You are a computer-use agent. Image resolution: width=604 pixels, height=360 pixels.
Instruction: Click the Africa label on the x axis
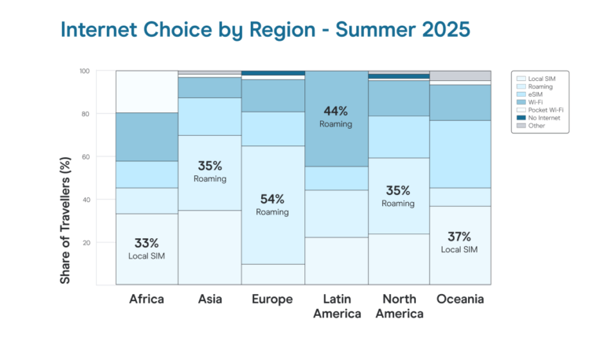point(147,299)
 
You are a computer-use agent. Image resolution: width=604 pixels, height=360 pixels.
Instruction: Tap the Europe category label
point(272,299)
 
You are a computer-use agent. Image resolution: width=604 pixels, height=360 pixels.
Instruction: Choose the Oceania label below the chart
point(460,299)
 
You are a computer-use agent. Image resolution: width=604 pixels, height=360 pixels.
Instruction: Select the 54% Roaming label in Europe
point(272,204)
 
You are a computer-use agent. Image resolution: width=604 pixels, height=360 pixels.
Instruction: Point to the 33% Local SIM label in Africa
point(147,248)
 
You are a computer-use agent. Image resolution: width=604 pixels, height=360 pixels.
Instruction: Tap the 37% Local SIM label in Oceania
point(460,241)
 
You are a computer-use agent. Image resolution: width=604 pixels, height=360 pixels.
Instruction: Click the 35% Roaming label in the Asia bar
point(210,171)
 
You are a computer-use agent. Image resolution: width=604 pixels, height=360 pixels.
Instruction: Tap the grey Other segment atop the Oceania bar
point(460,75)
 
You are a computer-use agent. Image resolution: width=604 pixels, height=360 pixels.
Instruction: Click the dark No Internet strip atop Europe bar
point(272,73)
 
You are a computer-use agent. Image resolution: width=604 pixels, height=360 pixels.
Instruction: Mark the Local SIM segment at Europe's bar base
point(272,274)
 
